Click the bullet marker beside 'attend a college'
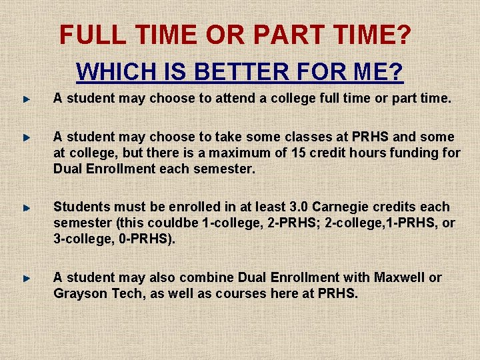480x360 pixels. click(x=25, y=99)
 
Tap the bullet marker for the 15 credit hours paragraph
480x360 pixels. click(x=25, y=137)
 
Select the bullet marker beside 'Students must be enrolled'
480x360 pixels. click(x=25, y=207)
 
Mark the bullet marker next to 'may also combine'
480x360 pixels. click(x=25, y=277)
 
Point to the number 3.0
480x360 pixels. click(x=301, y=207)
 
